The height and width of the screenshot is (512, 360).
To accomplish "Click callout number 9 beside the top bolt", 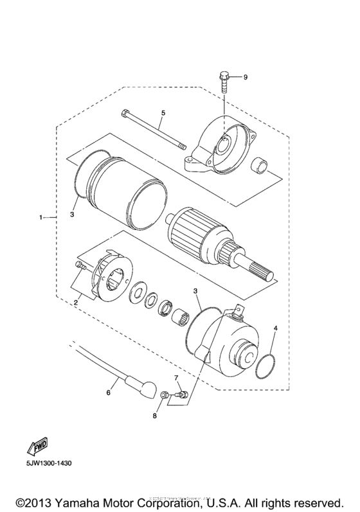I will (244, 77).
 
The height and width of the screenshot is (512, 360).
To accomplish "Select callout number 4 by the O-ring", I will (275, 328).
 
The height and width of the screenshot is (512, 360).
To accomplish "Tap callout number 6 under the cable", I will (108, 391).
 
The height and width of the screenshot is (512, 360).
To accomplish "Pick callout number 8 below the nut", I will (154, 416).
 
